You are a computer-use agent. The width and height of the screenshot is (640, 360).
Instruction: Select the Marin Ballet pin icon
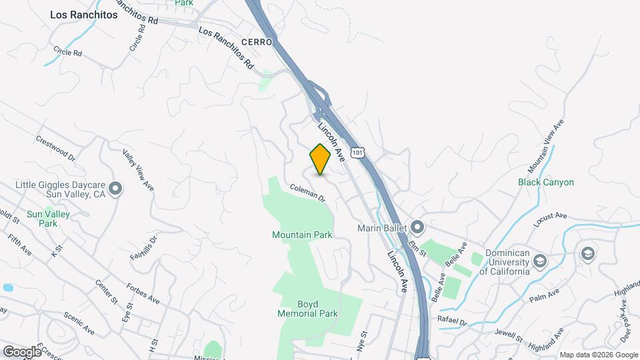coord(417,227)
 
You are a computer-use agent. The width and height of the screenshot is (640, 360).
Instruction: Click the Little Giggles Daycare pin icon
coord(116,189)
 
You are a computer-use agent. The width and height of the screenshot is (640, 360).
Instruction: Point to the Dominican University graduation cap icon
coord(540,259)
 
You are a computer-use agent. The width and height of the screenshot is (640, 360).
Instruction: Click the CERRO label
coord(257,43)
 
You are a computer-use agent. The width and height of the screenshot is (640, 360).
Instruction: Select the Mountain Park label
coord(302,235)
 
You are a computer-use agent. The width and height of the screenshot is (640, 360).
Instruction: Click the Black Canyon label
coord(546,182)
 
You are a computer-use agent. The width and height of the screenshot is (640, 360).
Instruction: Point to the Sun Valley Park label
coord(48,219)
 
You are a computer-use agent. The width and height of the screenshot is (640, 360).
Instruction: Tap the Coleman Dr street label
coord(307,193)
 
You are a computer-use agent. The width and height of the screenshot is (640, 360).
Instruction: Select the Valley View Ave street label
coord(138,170)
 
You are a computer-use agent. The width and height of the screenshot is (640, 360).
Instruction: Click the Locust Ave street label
coord(550,216)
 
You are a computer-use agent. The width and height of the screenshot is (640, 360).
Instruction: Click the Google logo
coord(21,351)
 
